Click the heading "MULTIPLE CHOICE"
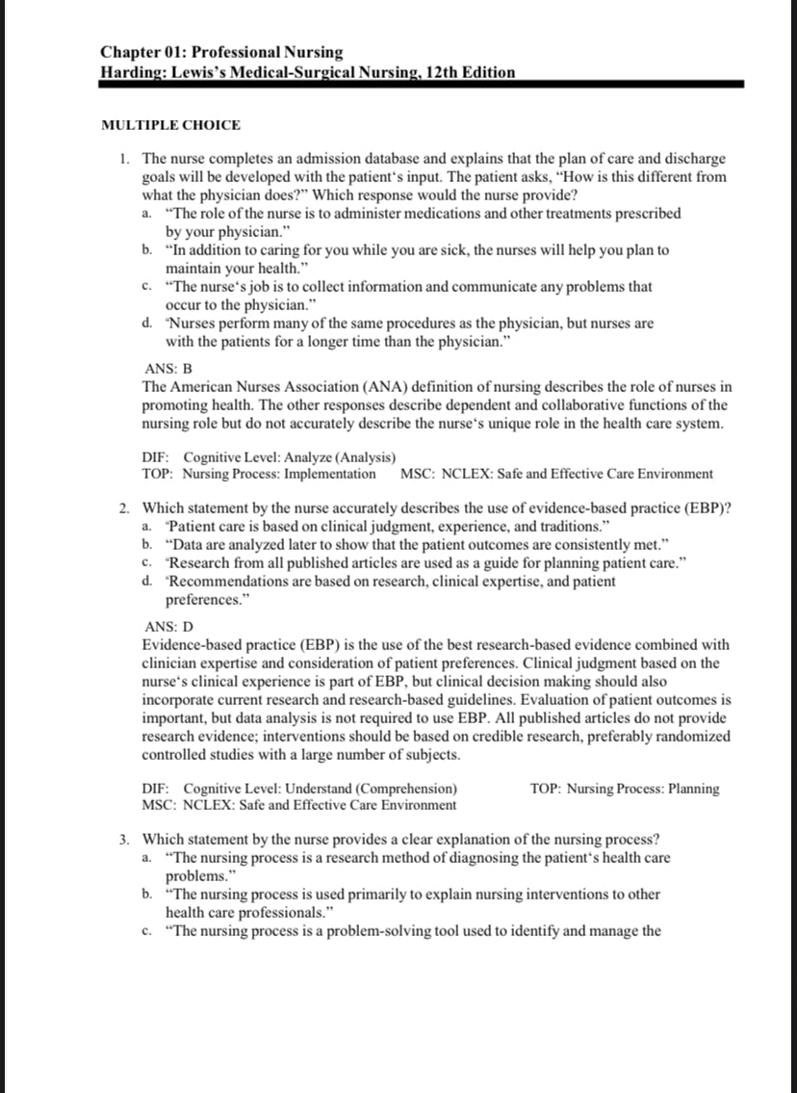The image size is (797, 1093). [x=170, y=125]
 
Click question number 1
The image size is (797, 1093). [x=127, y=158]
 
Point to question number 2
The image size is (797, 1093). [x=127, y=507]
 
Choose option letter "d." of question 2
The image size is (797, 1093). [x=146, y=581]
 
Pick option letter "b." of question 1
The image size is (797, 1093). [x=146, y=249]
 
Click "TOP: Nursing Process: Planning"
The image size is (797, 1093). [x=625, y=789]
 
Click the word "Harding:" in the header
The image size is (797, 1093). [x=133, y=72]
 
